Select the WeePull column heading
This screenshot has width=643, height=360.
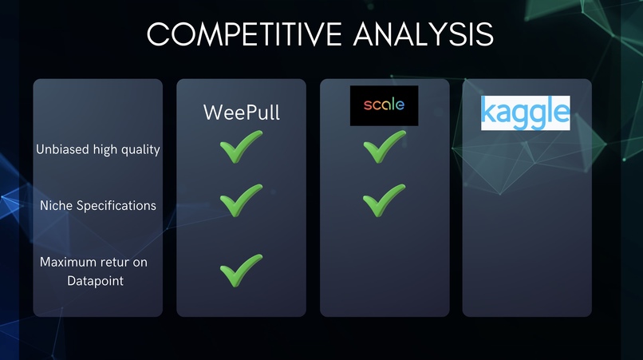point(241,112)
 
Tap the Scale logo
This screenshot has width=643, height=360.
point(384,105)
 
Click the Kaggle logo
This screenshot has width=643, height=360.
point(525,113)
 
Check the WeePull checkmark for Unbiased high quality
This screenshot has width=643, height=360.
point(240,149)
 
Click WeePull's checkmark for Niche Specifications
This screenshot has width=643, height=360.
point(240,200)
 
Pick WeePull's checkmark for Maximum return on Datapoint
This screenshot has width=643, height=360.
point(240,271)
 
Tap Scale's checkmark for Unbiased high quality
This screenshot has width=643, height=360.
point(384,149)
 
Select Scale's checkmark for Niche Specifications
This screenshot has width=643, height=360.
point(384,200)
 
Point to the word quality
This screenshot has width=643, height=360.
point(140,150)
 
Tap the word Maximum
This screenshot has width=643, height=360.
point(65,262)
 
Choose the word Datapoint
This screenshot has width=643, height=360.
point(95,281)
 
